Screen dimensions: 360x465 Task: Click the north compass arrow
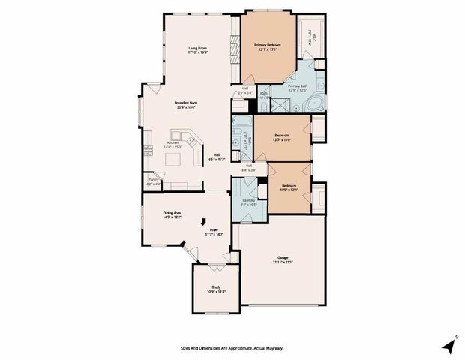(x=449, y=345)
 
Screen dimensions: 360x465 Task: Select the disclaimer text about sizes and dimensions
(x=232, y=347)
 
